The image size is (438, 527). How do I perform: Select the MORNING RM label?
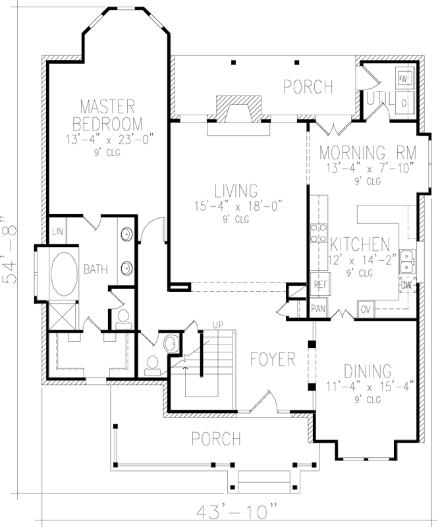[x=368, y=152]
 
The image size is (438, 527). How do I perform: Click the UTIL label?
[x=380, y=98]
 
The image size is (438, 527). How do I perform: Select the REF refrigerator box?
[x=321, y=285]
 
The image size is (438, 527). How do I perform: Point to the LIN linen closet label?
[x=58, y=231]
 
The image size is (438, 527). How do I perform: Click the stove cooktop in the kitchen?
[x=319, y=232]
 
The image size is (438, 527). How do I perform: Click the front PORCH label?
[x=215, y=438]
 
